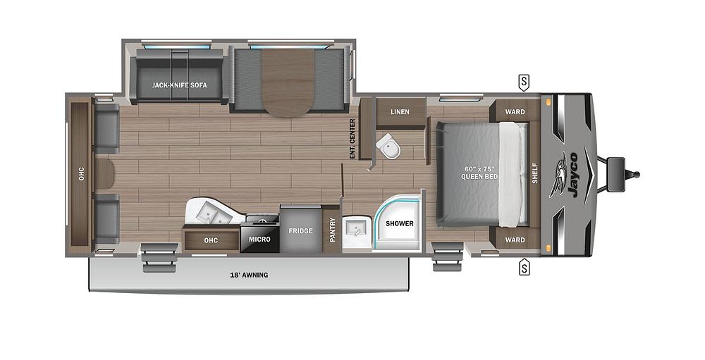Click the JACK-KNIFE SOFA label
pyautogui.click(x=174, y=85)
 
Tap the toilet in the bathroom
pyautogui.click(x=386, y=147)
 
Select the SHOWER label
pyautogui.click(x=399, y=223)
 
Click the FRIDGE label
pyautogui.click(x=300, y=230)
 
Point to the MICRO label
pyautogui.click(x=259, y=239)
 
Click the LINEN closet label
pyautogui.click(x=400, y=112)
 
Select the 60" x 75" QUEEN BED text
pyautogui.click(x=481, y=171)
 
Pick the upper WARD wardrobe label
pyautogui.click(x=515, y=111)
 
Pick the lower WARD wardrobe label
pyautogui.click(x=515, y=240)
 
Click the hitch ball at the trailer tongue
pyautogui.click(x=637, y=174)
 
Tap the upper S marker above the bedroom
pyautogui.click(x=524, y=82)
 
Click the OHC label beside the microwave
pyautogui.click(x=211, y=239)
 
